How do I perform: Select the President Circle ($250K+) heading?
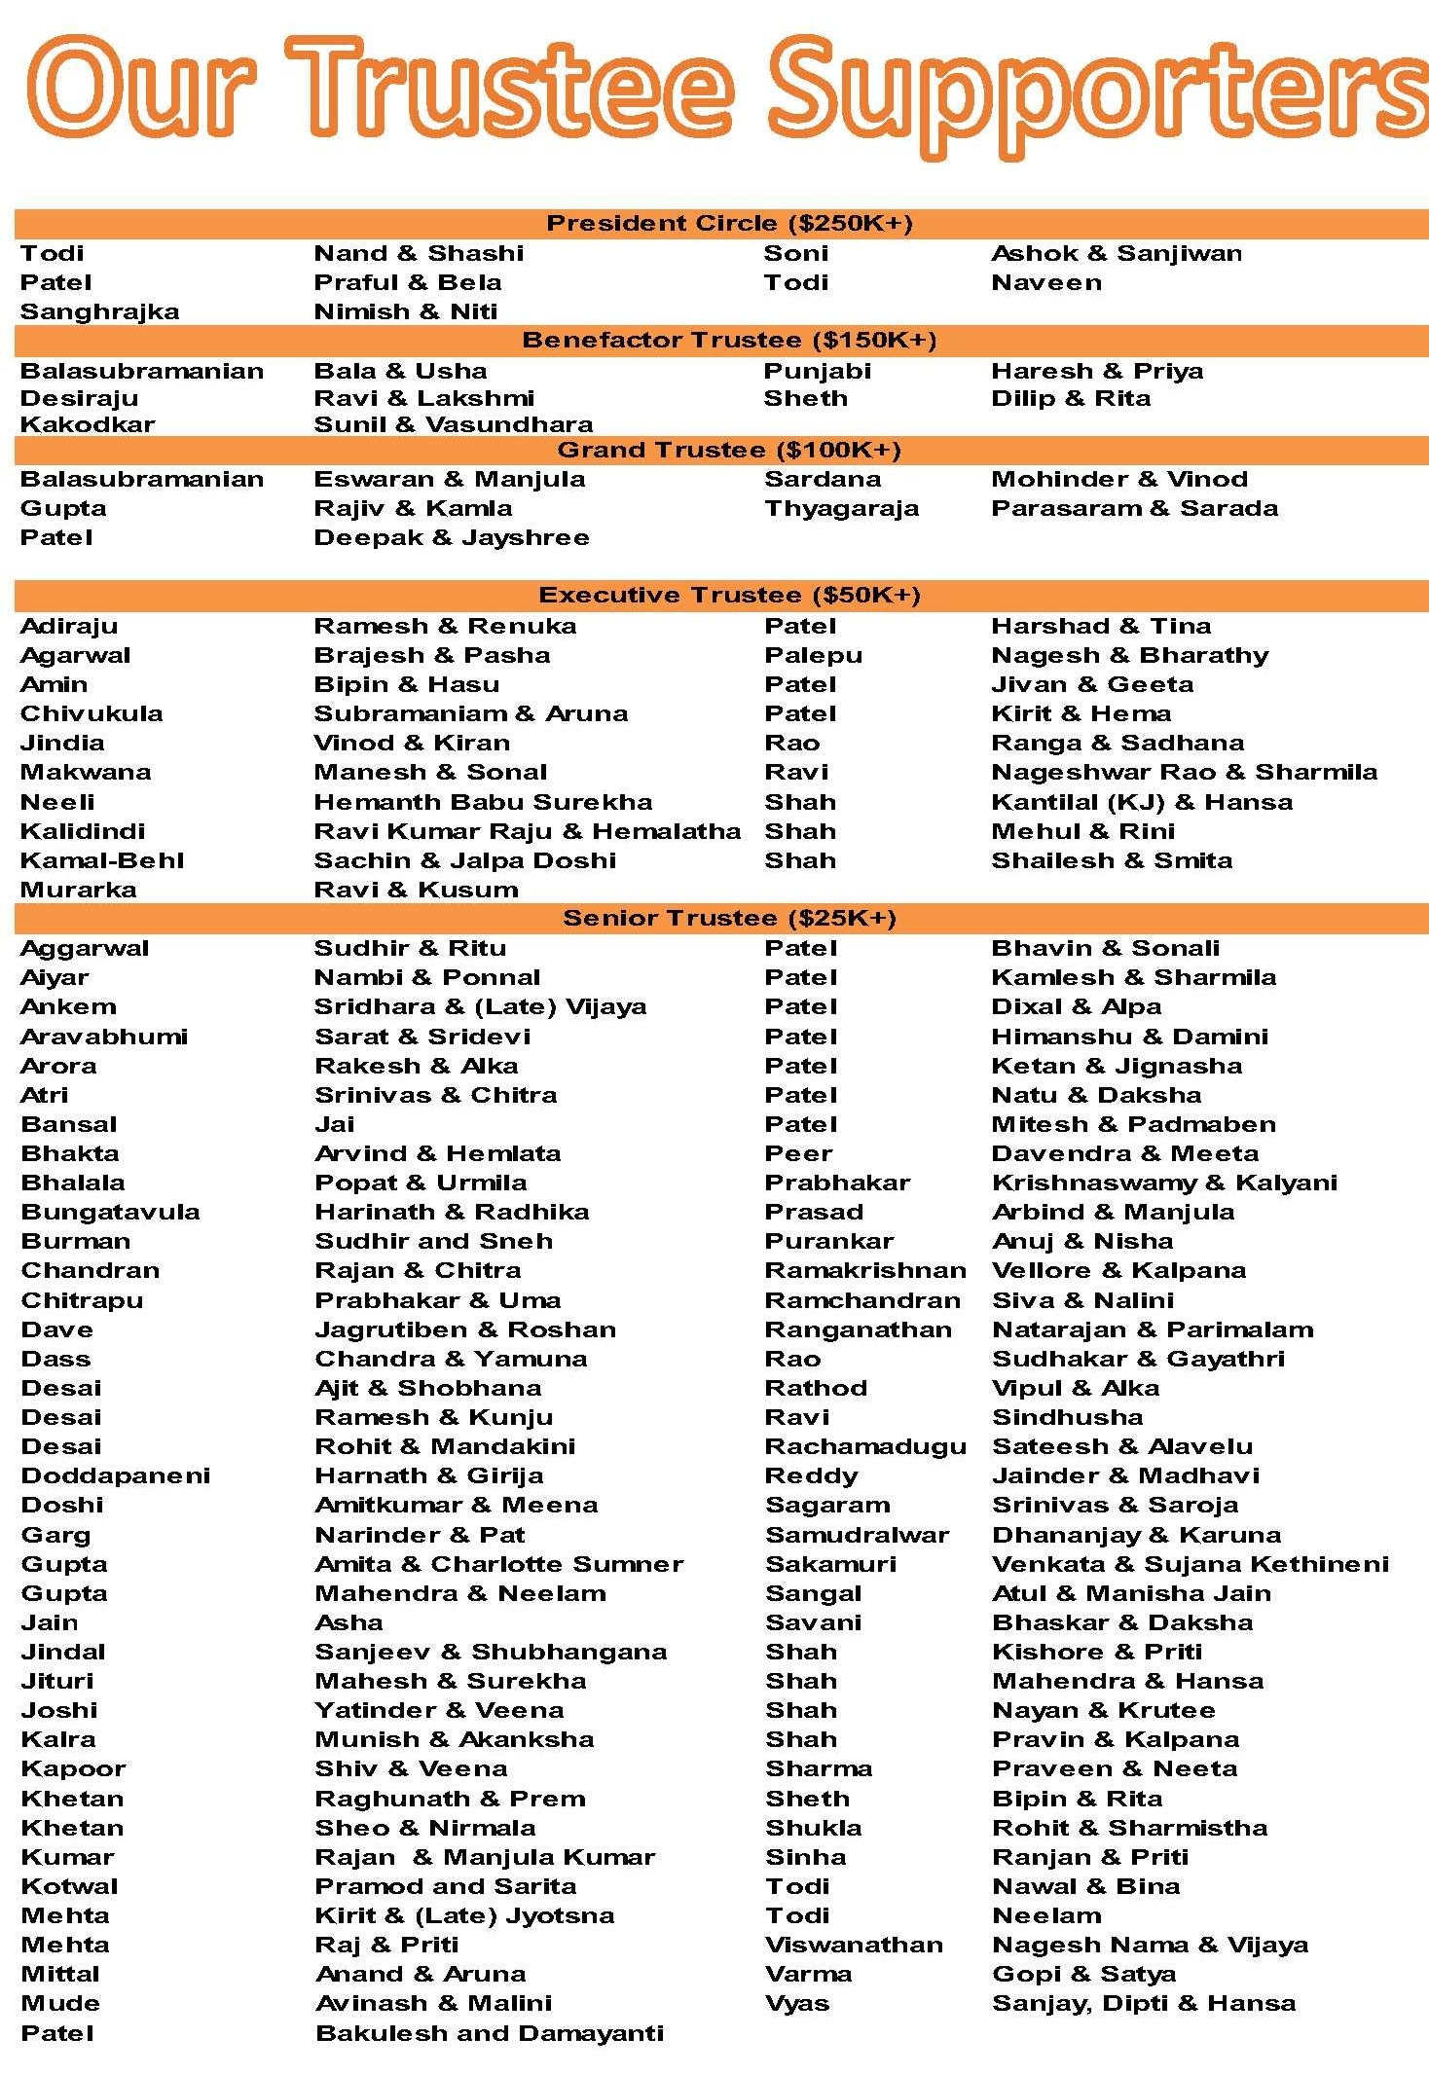(729, 224)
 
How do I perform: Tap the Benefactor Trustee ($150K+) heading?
(729, 341)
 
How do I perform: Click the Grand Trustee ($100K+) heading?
(729, 450)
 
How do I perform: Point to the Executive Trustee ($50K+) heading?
(729, 595)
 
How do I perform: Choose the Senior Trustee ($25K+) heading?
(729, 918)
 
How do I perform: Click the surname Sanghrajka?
(99, 311)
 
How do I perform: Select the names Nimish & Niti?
(405, 311)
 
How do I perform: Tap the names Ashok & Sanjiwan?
(1116, 253)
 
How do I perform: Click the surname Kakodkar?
(88, 424)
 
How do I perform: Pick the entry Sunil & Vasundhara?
(453, 424)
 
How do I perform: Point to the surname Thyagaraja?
(841, 508)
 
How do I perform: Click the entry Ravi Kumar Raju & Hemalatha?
(527, 831)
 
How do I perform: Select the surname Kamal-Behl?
(102, 860)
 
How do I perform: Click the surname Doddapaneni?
(115, 1475)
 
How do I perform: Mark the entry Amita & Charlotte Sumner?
(498, 1564)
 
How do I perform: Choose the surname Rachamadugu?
(865, 1446)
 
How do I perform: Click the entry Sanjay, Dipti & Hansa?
(1143, 2003)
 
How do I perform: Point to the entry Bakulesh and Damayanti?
(490, 2033)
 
